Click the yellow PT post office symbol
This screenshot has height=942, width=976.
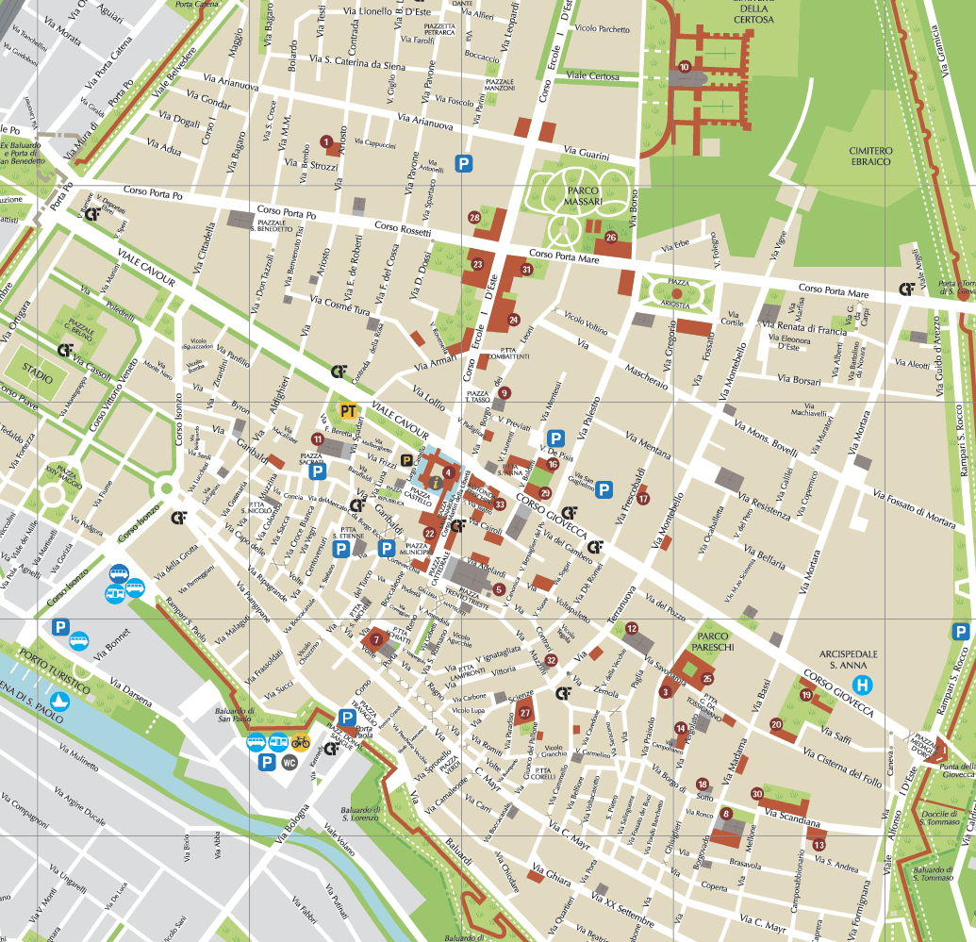click(349, 411)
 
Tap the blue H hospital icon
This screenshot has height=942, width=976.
click(861, 685)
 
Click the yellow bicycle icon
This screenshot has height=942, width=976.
click(300, 742)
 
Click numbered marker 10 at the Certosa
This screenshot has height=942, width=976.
click(685, 66)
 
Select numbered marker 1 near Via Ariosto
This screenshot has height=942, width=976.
click(326, 141)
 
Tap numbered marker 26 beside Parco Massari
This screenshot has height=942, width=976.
click(611, 238)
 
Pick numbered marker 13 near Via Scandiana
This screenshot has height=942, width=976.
click(819, 845)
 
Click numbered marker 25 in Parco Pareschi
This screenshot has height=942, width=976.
click(707, 678)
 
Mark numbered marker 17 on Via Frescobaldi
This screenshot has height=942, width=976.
click(643, 499)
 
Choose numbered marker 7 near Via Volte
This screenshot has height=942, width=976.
click(376, 640)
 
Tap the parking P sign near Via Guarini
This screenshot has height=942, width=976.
click(463, 163)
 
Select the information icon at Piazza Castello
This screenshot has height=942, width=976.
click(435, 483)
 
